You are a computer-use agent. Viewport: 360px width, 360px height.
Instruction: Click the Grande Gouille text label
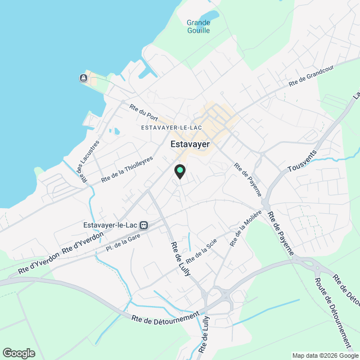[x=198, y=26]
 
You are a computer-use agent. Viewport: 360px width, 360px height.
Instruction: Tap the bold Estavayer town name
[x=190, y=145]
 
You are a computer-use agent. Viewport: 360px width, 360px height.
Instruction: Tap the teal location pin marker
[x=179, y=170]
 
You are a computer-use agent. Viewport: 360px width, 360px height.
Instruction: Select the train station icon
[x=144, y=226]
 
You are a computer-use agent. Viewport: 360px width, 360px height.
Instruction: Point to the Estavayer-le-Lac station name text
[x=110, y=226]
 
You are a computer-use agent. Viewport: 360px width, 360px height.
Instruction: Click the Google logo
[x=18, y=353]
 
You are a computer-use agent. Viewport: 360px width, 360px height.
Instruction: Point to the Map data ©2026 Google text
[x=325, y=355]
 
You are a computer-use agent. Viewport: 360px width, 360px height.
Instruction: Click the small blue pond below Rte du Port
[x=116, y=131]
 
